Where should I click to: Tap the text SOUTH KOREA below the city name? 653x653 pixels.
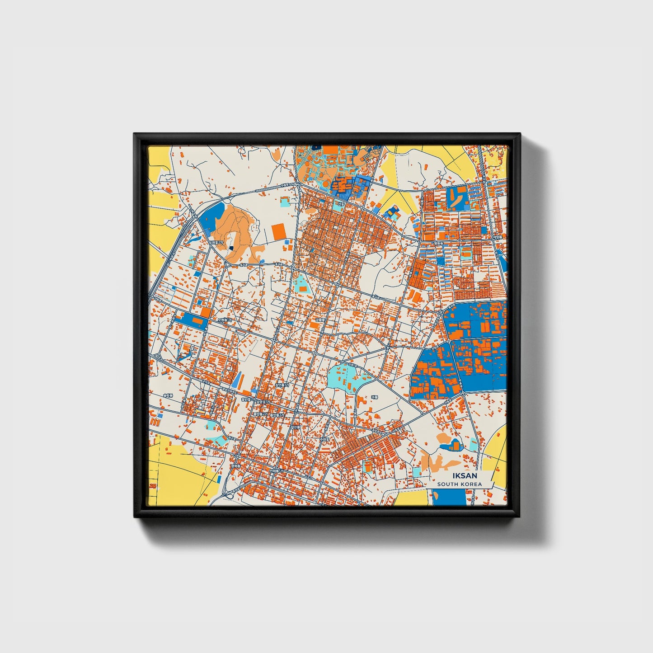click(460, 484)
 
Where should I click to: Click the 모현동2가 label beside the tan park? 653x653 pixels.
click(216, 242)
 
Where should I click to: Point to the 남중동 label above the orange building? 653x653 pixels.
click(319, 319)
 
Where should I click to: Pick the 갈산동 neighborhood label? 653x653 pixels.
click(295, 427)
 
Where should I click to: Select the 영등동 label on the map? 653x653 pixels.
click(438, 243)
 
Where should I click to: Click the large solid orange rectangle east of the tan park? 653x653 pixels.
click(279, 232)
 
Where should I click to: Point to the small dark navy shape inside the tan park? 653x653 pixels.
click(231, 248)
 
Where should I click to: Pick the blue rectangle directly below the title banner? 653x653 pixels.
click(449, 497)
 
